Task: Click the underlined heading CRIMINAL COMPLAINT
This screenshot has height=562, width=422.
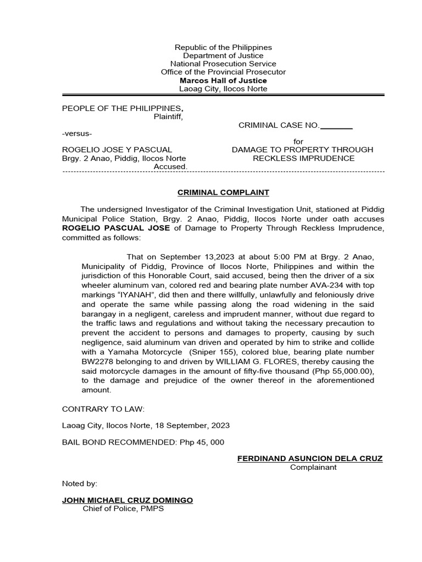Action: (x=223, y=193)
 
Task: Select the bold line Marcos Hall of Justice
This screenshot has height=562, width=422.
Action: (x=223, y=81)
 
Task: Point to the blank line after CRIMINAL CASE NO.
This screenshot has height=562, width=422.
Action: (x=336, y=126)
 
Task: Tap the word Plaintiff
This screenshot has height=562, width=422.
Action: (x=168, y=116)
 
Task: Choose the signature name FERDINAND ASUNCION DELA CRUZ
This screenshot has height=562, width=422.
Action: (x=310, y=458)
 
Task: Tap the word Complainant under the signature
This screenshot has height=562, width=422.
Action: (x=313, y=468)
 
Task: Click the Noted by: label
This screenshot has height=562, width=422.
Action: (x=79, y=484)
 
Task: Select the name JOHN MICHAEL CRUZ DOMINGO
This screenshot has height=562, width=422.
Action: (x=127, y=500)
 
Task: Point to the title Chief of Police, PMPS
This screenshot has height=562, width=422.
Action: (x=123, y=509)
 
